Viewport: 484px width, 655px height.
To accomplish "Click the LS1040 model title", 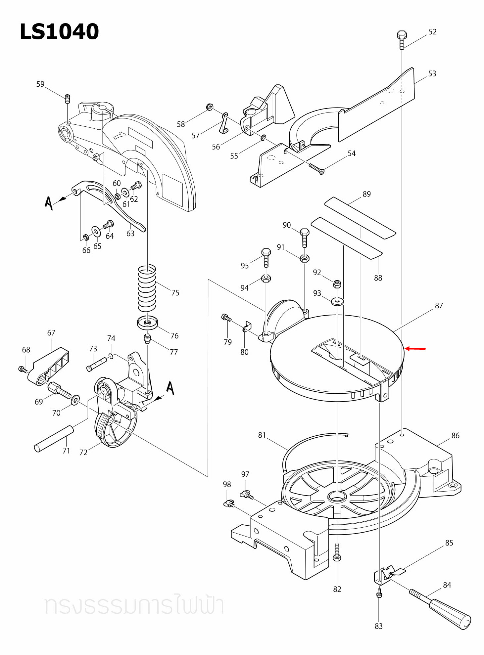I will (x=59, y=32).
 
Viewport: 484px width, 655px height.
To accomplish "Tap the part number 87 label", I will (x=439, y=306).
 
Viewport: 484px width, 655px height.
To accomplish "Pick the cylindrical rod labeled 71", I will (x=54, y=439).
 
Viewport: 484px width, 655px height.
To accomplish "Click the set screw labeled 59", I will (x=68, y=99).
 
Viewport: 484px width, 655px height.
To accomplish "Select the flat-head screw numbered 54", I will (x=316, y=168).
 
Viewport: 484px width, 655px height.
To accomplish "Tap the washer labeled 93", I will (x=337, y=301).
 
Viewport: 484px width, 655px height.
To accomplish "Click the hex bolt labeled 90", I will (x=304, y=237).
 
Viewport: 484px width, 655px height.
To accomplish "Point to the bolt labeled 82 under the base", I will (x=337, y=552).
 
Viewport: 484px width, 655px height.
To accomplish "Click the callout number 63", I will (x=130, y=234).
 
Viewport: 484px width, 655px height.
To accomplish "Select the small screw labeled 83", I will (x=379, y=593).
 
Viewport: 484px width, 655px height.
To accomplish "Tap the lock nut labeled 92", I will (x=337, y=284).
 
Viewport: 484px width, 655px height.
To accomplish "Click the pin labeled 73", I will (x=97, y=364).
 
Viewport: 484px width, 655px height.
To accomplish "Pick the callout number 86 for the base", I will (x=455, y=436).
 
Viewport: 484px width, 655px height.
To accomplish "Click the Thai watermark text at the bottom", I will (x=134, y=605).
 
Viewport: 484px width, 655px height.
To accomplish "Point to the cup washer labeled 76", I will (x=147, y=323).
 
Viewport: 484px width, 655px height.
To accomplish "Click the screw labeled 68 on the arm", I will (x=23, y=369).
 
